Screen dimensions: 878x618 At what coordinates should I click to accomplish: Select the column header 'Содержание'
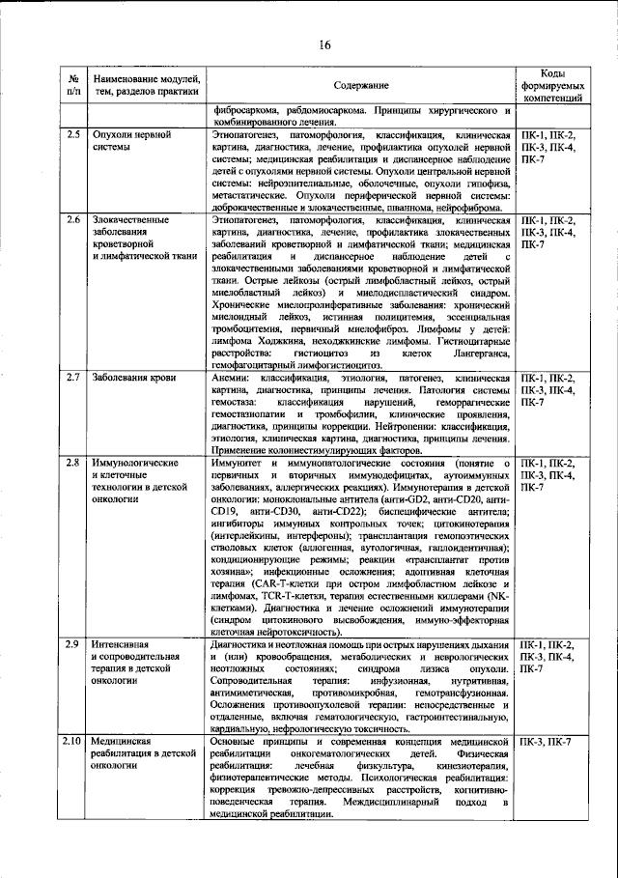click(x=361, y=86)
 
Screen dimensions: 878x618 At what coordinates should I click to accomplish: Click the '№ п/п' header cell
click(x=73, y=85)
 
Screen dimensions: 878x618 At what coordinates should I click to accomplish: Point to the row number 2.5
click(x=73, y=135)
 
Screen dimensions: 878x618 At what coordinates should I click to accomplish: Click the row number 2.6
click(x=73, y=222)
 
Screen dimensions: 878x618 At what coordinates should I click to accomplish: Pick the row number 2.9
click(x=73, y=644)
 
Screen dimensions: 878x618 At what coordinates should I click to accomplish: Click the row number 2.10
click(x=73, y=740)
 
